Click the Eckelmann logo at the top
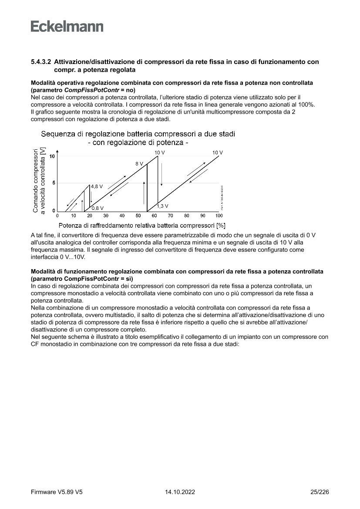(x=67, y=27)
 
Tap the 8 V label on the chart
(x=139, y=164)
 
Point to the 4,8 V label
(x=97, y=186)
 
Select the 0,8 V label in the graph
(x=98, y=208)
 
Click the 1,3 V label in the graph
(x=163, y=206)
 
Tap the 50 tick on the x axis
(x=138, y=216)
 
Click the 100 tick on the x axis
(x=219, y=216)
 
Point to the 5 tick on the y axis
(x=54, y=183)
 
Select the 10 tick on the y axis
(x=52, y=156)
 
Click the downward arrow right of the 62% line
(x=161, y=174)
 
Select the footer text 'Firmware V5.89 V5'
(x=57, y=492)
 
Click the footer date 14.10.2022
(x=180, y=492)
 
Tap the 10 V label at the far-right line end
(x=217, y=152)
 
